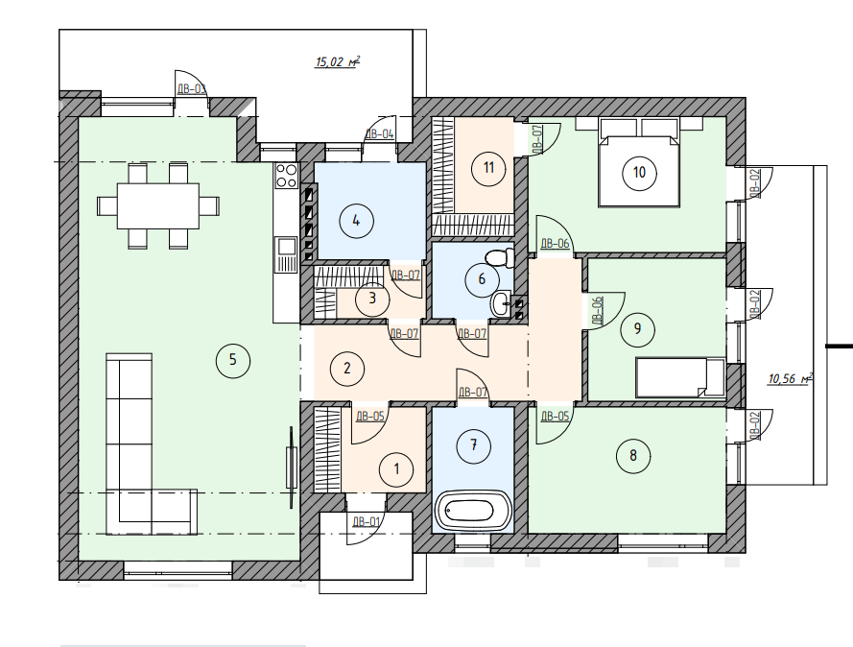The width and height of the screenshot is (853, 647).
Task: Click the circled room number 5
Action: point(233,360)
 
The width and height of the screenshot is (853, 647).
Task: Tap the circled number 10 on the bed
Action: point(639,173)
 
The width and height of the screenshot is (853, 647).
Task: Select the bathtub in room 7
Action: point(473,511)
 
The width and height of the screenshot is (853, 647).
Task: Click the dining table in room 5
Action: point(158,206)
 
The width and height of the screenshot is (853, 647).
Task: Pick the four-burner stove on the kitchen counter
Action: point(286,176)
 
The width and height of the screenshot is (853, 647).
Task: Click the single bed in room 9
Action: point(680,376)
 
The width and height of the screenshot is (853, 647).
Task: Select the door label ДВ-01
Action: point(367,522)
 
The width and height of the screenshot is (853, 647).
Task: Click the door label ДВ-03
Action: point(192,88)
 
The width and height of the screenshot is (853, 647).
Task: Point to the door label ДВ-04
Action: point(379,133)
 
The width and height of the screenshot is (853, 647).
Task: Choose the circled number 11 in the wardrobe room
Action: point(488,167)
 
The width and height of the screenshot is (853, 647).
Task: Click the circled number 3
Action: point(372,299)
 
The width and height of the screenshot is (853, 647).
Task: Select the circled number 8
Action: point(633,455)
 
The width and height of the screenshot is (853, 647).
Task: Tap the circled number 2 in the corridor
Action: point(347,369)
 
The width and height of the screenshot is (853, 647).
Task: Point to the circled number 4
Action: point(356,221)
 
